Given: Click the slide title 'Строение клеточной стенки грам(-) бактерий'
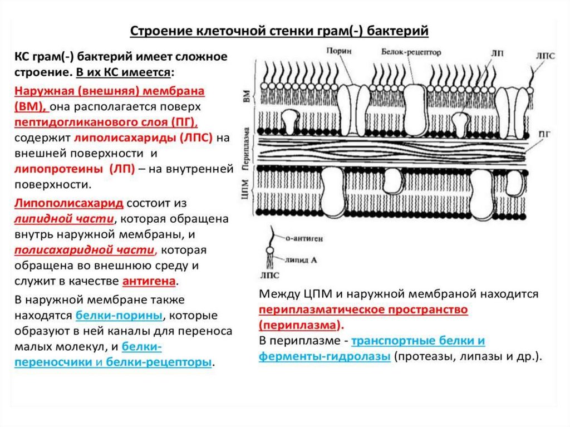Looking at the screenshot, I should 279,30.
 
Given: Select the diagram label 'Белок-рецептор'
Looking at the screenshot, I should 411,52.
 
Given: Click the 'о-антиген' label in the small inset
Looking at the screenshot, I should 303,238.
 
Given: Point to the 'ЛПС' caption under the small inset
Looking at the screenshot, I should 269,276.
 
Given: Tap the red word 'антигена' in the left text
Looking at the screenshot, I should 153,280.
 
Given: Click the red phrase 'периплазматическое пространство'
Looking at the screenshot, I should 363,308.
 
